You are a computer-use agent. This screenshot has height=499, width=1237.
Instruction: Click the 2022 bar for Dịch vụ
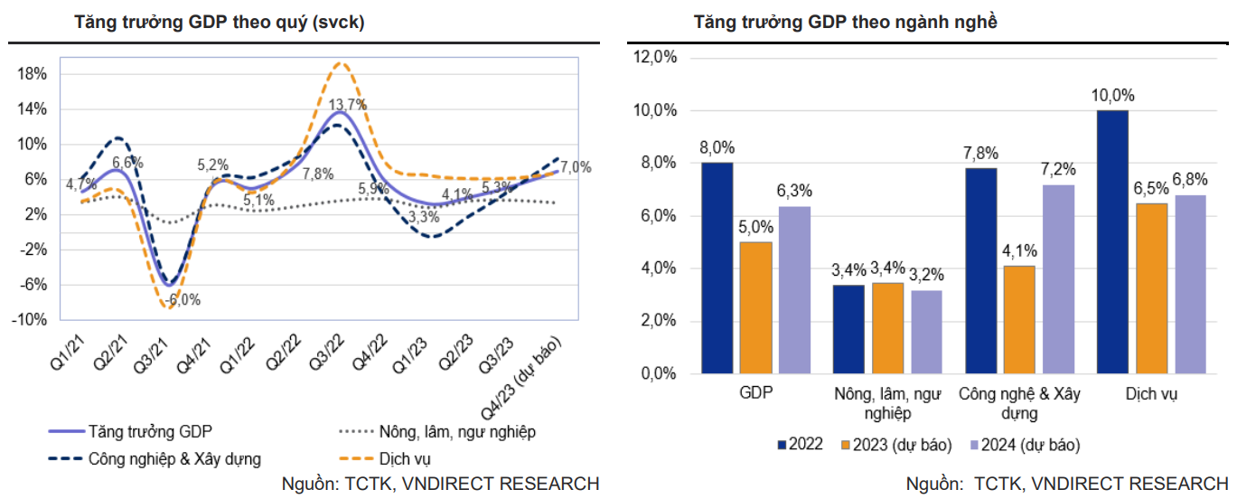click(1112, 241)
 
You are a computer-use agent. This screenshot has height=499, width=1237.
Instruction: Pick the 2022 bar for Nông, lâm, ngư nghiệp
click(848, 329)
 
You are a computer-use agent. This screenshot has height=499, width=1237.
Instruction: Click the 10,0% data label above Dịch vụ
click(1112, 96)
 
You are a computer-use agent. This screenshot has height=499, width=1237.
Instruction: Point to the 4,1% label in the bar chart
click(1018, 251)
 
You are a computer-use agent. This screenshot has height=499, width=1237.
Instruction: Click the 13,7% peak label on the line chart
click(348, 105)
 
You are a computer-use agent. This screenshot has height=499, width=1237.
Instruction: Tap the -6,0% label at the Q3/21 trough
click(180, 300)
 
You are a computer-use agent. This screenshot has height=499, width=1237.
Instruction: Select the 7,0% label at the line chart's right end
click(576, 167)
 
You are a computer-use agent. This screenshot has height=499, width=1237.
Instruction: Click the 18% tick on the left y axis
click(33, 74)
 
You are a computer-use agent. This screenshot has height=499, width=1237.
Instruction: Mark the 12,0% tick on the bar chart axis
click(656, 58)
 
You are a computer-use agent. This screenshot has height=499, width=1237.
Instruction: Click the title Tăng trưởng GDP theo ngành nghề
click(846, 23)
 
